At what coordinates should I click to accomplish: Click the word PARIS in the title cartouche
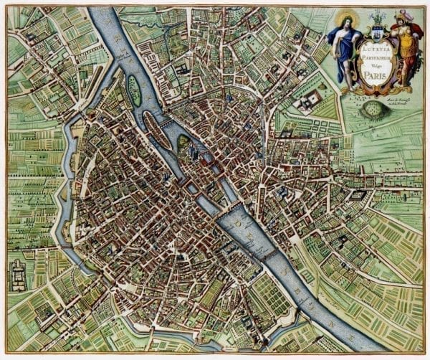coord(371,71)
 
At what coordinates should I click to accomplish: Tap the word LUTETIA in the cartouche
coord(371,46)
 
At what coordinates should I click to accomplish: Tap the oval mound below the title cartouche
coord(373,109)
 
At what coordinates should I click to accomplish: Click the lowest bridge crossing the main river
coord(269,254)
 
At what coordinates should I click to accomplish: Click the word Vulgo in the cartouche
coord(371,62)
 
